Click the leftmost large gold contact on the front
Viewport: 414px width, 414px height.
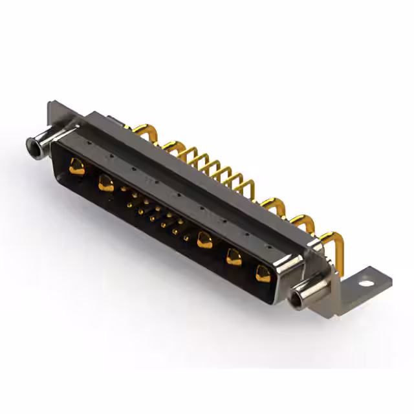coord(76,169)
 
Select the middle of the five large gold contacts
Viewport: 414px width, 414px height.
coord(206,239)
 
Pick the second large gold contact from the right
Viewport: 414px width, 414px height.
coord(234,257)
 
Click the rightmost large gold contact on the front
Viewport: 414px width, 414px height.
coord(261,272)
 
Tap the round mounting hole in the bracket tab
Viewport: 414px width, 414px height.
coord(368,283)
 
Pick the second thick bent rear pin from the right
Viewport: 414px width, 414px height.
coord(301,220)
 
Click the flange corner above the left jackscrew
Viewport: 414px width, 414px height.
coord(53,107)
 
